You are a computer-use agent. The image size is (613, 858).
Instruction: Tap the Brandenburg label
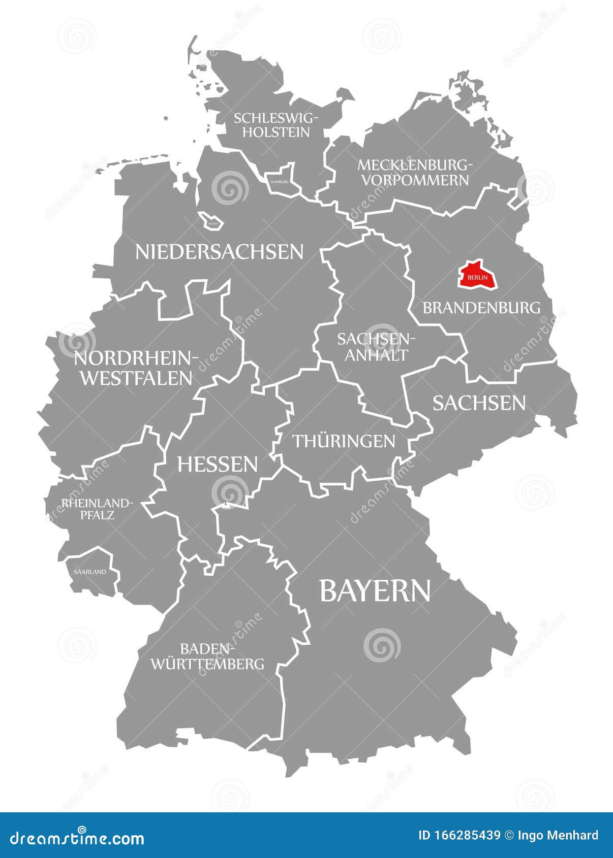481,308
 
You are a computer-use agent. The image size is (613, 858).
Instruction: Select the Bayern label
375,591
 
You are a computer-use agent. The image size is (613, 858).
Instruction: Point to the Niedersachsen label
219,252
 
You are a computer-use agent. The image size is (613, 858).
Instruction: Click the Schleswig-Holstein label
276,125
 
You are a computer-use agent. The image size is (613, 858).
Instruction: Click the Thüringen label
344,441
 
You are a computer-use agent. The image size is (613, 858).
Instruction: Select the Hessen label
218,464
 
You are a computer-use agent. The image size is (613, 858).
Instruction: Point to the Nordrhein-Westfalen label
136,368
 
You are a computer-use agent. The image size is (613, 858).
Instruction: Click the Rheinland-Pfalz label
97,509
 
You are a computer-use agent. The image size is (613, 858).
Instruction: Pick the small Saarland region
90,572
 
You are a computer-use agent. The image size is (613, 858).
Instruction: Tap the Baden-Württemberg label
207,656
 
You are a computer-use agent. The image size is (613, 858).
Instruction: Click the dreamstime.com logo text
77,838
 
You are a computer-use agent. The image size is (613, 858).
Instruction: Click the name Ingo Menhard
558,836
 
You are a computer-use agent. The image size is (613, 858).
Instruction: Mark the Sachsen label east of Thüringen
479,403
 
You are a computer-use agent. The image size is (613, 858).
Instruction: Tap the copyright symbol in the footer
509,836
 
